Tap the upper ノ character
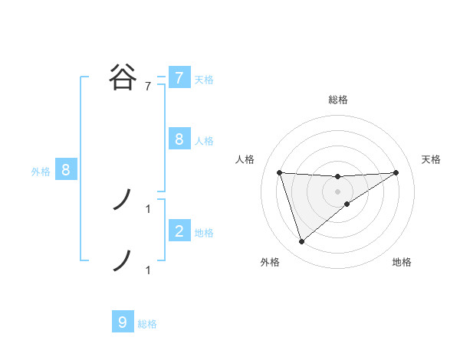tap(123, 201)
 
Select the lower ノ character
tap(123, 260)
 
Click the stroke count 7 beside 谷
tap(148, 87)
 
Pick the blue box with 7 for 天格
tap(179, 78)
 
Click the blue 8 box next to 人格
tap(179, 139)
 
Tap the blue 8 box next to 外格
tap(66, 170)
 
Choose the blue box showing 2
tap(179, 231)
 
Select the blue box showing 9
tap(123, 322)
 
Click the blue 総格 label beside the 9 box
tap(147, 324)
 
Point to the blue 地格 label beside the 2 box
tap(204, 232)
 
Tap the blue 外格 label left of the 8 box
tap(41, 172)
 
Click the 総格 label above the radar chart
tap(338, 100)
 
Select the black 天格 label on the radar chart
tap(432, 159)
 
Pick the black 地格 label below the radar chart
tap(402, 263)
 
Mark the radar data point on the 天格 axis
tap(396, 172)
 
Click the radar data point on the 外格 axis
tap(302, 242)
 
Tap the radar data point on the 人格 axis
tap(280, 172)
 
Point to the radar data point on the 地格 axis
tap(347, 204)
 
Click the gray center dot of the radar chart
tap(338, 191)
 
